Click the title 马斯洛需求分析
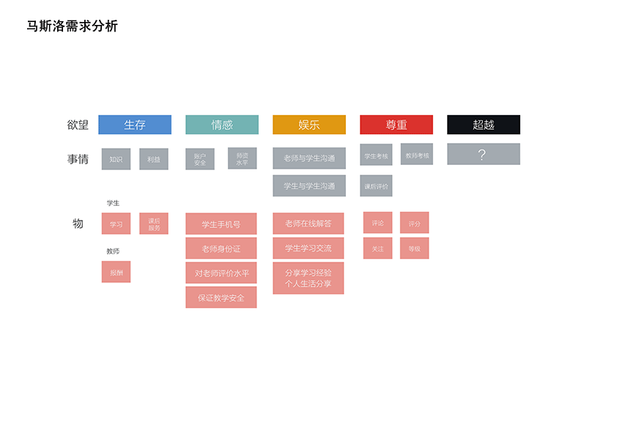coord(72,26)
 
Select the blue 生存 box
coord(135,125)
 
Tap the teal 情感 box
coord(222,125)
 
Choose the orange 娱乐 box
coord(309,125)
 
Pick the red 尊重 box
coord(396,125)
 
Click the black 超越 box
coord(484,125)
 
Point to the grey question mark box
coord(484,154)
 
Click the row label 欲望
coord(78,125)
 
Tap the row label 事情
coord(78,159)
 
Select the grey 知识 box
coord(116,159)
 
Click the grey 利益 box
coord(154,159)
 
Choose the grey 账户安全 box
coord(200,159)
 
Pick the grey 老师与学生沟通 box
coord(309,158)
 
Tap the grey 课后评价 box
coord(376,186)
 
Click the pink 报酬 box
coord(116,272)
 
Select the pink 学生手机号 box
coord(221,224)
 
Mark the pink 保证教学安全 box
coord(221,298)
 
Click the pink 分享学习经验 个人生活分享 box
coord(308,278)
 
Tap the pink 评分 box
coord(415,223)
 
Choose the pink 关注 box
coord(377,249)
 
